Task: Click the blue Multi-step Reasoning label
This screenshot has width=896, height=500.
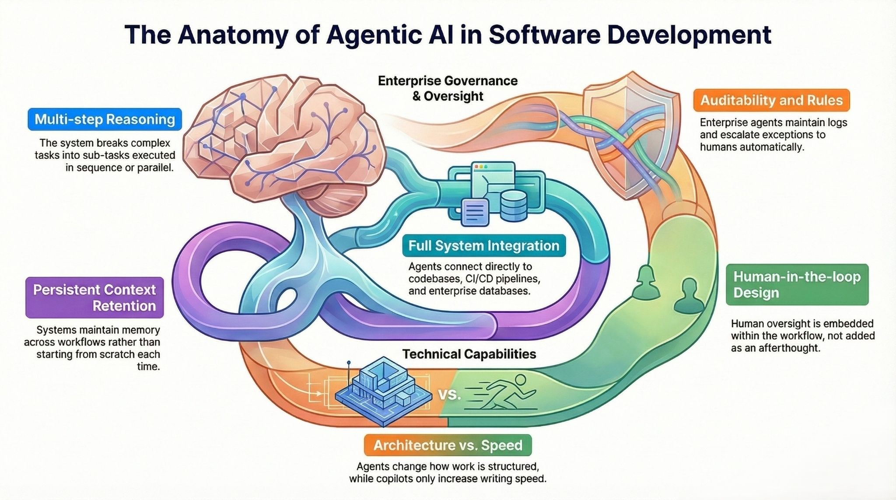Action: click(105, 119)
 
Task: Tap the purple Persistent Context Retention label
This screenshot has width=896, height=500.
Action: click(94, 297)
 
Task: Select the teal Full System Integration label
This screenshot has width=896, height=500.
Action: click(483, 245)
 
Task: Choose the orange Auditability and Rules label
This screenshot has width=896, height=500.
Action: click(771, 100)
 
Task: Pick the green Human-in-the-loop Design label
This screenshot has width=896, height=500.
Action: click(797, 284)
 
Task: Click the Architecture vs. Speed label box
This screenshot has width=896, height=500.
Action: click(448, 445)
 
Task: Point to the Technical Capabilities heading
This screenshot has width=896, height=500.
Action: click(469, 354)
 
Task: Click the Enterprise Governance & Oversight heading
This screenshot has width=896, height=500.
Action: click(448, 88)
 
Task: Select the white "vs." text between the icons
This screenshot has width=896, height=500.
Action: click(449, 395)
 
